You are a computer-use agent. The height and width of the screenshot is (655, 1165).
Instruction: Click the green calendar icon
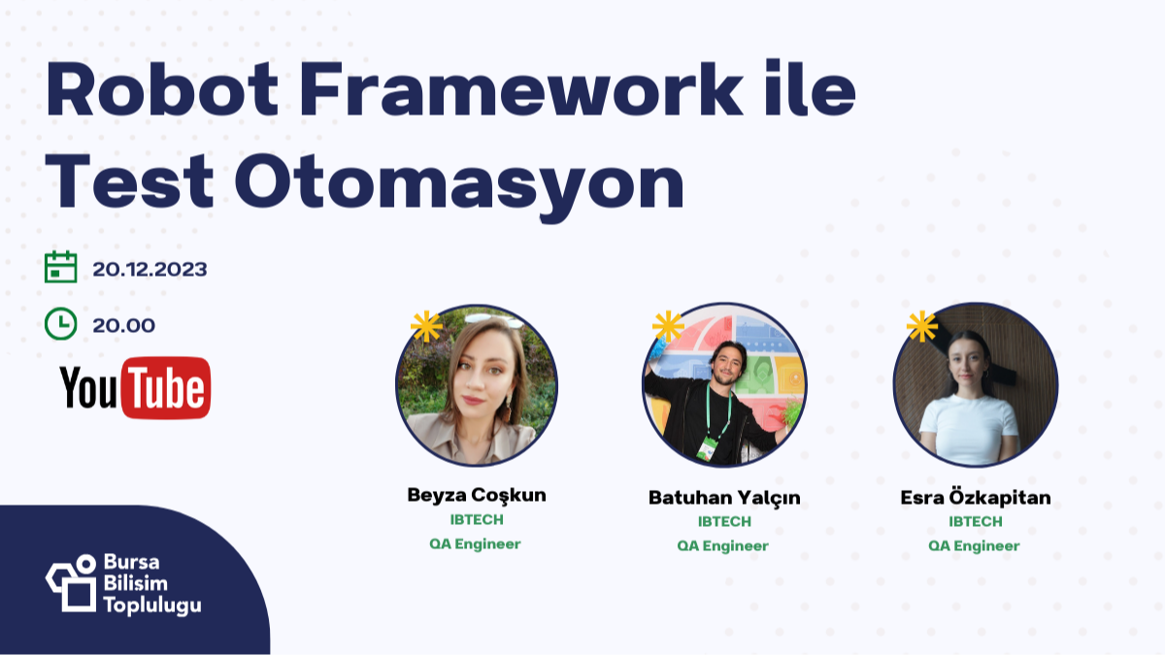coord(61,267)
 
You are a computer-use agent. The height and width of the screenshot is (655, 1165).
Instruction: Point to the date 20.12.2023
coord(150,269)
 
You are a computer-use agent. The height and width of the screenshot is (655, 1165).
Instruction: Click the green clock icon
coord(61,323)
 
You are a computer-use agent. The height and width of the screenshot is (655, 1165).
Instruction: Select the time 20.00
coord(123,325)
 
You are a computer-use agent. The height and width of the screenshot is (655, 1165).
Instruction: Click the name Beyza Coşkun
coord(476,495)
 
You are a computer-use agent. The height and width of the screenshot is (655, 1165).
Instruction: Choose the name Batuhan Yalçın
coord(724,498)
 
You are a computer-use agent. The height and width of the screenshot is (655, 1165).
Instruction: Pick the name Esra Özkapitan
coord(975,498)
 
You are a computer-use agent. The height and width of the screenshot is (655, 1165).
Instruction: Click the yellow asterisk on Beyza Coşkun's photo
coord(425,326)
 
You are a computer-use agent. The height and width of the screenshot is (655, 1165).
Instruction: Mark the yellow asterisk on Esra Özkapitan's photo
coord(921,326)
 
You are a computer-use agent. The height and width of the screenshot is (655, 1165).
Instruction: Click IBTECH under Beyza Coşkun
coord(476,519)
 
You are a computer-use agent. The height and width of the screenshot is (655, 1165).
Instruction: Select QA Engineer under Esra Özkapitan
coord(974,545)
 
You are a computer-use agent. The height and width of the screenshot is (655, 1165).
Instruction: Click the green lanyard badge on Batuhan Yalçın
coord(708,447)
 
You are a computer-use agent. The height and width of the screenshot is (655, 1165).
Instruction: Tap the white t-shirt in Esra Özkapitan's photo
coord(968,427)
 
